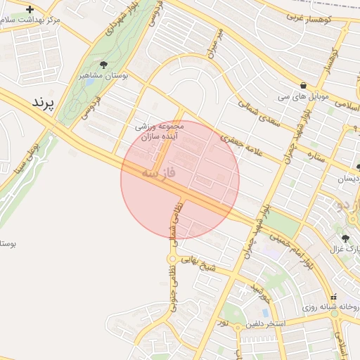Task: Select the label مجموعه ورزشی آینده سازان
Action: [160, 131]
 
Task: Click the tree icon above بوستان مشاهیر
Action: [104, 65]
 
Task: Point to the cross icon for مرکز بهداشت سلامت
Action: [30, 10]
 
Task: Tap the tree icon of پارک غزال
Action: [347, 238]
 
